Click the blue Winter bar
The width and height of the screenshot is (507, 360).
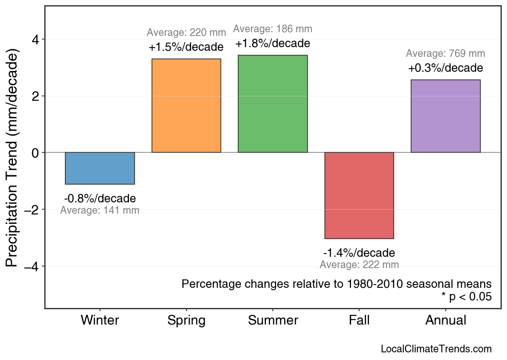tap(100, 168)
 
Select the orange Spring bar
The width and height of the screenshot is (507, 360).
tap(186, 106)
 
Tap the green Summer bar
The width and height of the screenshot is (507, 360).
tap(273, 104)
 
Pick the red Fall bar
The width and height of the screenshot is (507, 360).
tap(359, 195)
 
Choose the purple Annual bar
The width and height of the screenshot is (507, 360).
tap(445, 116)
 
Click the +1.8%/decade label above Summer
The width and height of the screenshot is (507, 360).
tap(273, 44)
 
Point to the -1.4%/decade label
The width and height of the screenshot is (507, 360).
tap(359, 253)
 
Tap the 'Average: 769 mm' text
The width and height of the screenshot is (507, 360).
tap(445, 54)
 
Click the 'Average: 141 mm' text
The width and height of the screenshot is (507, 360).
tap(100, 210)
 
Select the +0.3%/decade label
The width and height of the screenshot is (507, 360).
tap(445, 68)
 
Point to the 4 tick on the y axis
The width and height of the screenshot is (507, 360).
tap(35, 40)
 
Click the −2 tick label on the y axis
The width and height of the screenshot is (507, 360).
tap(32, 210)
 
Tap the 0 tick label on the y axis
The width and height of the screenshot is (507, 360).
tap(35, 153)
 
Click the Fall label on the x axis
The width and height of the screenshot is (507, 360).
tap(359, 320)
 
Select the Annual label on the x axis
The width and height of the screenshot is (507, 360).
tap(445, 320)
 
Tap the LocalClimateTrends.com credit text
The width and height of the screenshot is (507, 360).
tap(436, 349)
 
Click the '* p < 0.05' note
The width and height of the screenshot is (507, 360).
tap(467, 297)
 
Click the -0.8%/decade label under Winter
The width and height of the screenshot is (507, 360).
tap(100, 199)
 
